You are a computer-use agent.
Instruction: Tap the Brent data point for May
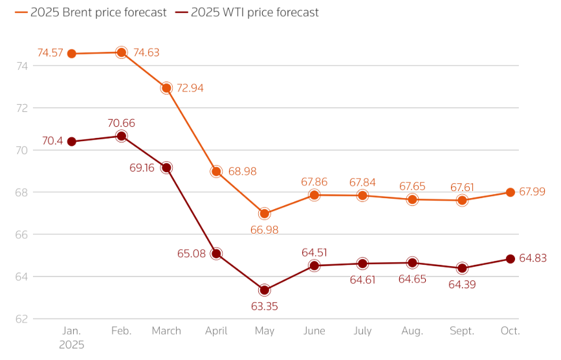click(x=265, y=214)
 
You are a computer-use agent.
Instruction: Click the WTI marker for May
click(x=265, y=290)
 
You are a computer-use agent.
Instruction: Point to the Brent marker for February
click(x=121, y=52)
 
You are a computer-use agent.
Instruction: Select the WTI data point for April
click(x=216, y=254)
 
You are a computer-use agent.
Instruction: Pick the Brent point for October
click(x=511, y=192)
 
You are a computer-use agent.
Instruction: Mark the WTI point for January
click(x=72, y=142)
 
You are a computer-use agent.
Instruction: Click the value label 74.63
click(x=146, y=53)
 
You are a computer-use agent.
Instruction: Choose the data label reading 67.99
click(x=532, y=192)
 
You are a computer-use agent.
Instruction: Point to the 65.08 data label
click(x=191, y=254)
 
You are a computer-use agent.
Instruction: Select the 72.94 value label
click(x=190, y=88)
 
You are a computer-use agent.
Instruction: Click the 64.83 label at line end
click(x=533, y=258)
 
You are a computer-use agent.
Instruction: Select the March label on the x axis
click(x=166, y=332)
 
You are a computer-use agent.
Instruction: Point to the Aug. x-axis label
click(x=412, y=332)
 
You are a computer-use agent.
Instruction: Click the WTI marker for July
click(x=362, y=264)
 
